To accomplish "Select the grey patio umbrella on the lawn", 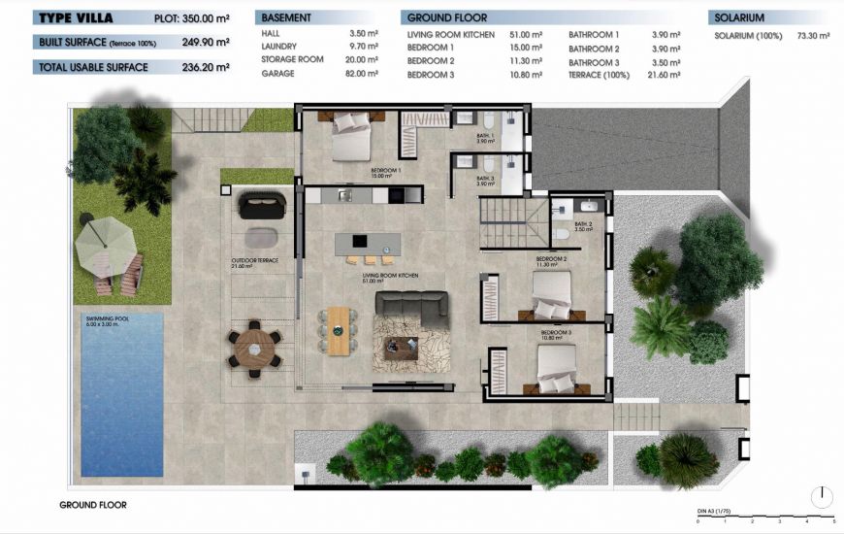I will point(102,243).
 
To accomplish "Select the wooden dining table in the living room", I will point(338,330).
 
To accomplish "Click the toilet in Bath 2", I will point(562,234).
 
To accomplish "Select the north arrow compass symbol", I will point(822,497).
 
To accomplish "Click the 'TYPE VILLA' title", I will point(77,17).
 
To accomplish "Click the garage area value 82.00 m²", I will point(365,75).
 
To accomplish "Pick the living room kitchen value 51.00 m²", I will point(530,34).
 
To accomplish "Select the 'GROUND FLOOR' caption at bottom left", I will point(93,505).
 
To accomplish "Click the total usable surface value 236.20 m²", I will point(206,67).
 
